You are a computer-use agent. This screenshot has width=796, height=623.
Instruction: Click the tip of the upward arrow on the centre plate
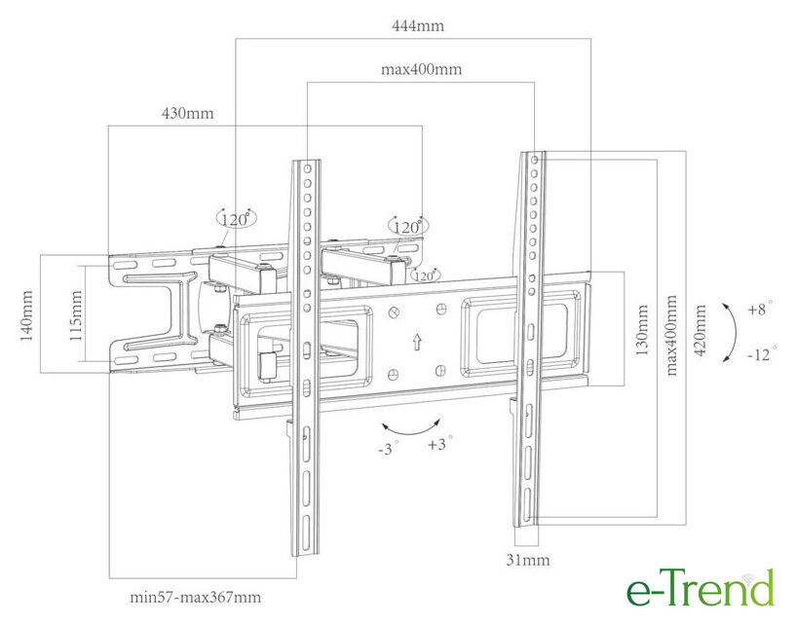pos(417,334)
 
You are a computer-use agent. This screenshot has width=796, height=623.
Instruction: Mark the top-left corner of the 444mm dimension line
pos(236,39)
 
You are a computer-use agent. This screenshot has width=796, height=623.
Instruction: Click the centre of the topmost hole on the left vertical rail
pos(308,168)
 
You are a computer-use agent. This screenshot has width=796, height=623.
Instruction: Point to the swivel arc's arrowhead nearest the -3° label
pos(384,425)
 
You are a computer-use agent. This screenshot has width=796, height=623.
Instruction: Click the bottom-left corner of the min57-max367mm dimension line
pos(110,578)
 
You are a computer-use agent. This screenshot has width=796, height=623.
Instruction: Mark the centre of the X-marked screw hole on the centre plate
pos(394,313)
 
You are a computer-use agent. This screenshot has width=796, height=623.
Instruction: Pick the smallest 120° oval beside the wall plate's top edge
pos(425,276)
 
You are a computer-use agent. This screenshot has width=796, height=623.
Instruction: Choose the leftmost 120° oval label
pos(237,219)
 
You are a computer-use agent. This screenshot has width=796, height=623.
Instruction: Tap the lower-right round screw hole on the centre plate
pos(440,371)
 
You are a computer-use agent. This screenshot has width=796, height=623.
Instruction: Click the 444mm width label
pos(418,25)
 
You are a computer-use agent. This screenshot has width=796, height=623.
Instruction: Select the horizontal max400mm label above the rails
pos(421,69)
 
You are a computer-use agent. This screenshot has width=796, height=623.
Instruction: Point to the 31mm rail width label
pos(528,560)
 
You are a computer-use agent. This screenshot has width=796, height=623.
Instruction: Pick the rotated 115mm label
pos(75,315)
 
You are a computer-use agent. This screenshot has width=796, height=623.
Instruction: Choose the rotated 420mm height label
pos(700,330)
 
